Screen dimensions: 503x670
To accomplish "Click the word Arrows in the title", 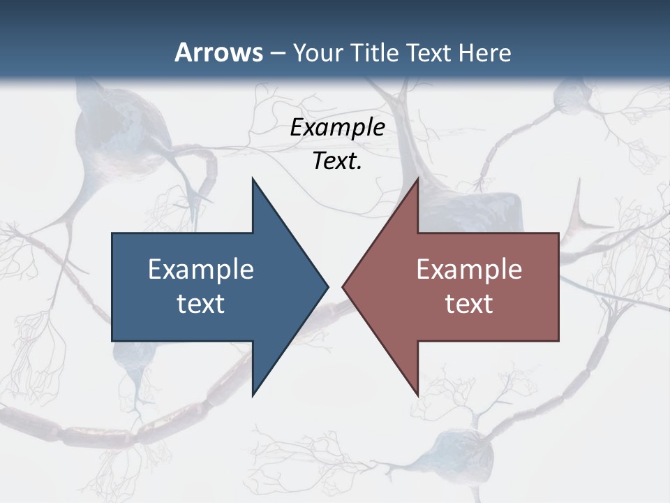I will (218, 52).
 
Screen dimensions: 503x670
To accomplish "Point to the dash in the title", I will (277, 53).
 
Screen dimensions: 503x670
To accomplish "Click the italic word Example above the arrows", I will (337, 127).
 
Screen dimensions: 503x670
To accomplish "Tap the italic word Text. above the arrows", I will (337, 161).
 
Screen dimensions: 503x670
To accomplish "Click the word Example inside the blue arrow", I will (201, 269).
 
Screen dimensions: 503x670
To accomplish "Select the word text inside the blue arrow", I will (201, 304).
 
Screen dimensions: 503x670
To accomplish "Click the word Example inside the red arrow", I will (469, 269).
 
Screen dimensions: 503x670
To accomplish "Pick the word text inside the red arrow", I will (469, 304).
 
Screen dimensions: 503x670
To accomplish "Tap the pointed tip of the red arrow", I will (343, 286).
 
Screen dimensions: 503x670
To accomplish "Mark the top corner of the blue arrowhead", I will (253, 179).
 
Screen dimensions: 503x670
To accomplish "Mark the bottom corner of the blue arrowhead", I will (253, 395).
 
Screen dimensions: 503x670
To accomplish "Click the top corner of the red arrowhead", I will (417, 179).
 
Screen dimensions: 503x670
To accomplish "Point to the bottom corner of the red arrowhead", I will (417, 395).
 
